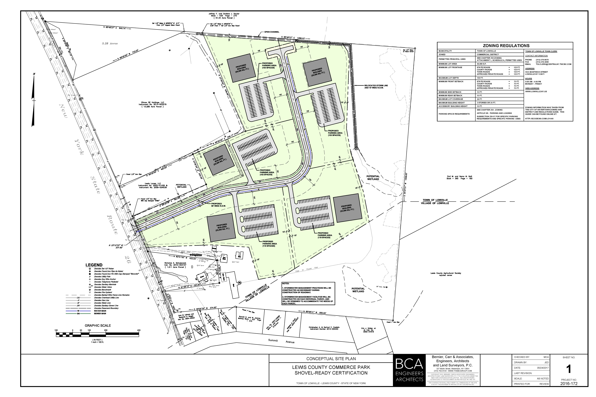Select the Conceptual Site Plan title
[x=331, y=359]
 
